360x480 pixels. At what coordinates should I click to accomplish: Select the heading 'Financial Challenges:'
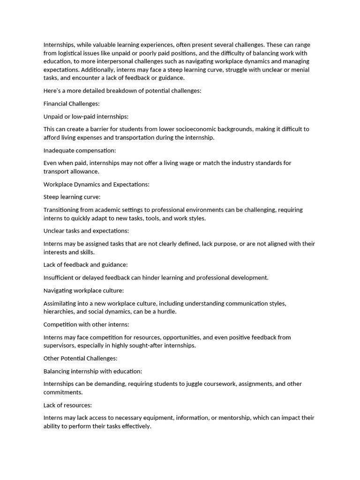pyautogui.click(x=71, y=104)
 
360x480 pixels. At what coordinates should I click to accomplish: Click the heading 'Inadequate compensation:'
pyautogui.click(x=79, y=150)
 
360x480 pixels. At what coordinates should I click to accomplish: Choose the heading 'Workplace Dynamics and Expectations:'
pyautogui.click(x=96, y=184)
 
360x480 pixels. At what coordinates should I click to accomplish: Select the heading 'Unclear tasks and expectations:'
pyautogui.click(x=86, y=231)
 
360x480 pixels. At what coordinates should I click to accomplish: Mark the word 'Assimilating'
pyautogui.click(x=61, y=303)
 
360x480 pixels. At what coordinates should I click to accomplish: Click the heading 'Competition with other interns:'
pyautogui.click(x=86, y=324)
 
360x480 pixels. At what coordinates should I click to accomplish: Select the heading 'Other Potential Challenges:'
pyautogui.click(x=80, y=358)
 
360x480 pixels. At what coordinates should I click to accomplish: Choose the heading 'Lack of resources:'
pyautogui.click(x=67, y=405)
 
